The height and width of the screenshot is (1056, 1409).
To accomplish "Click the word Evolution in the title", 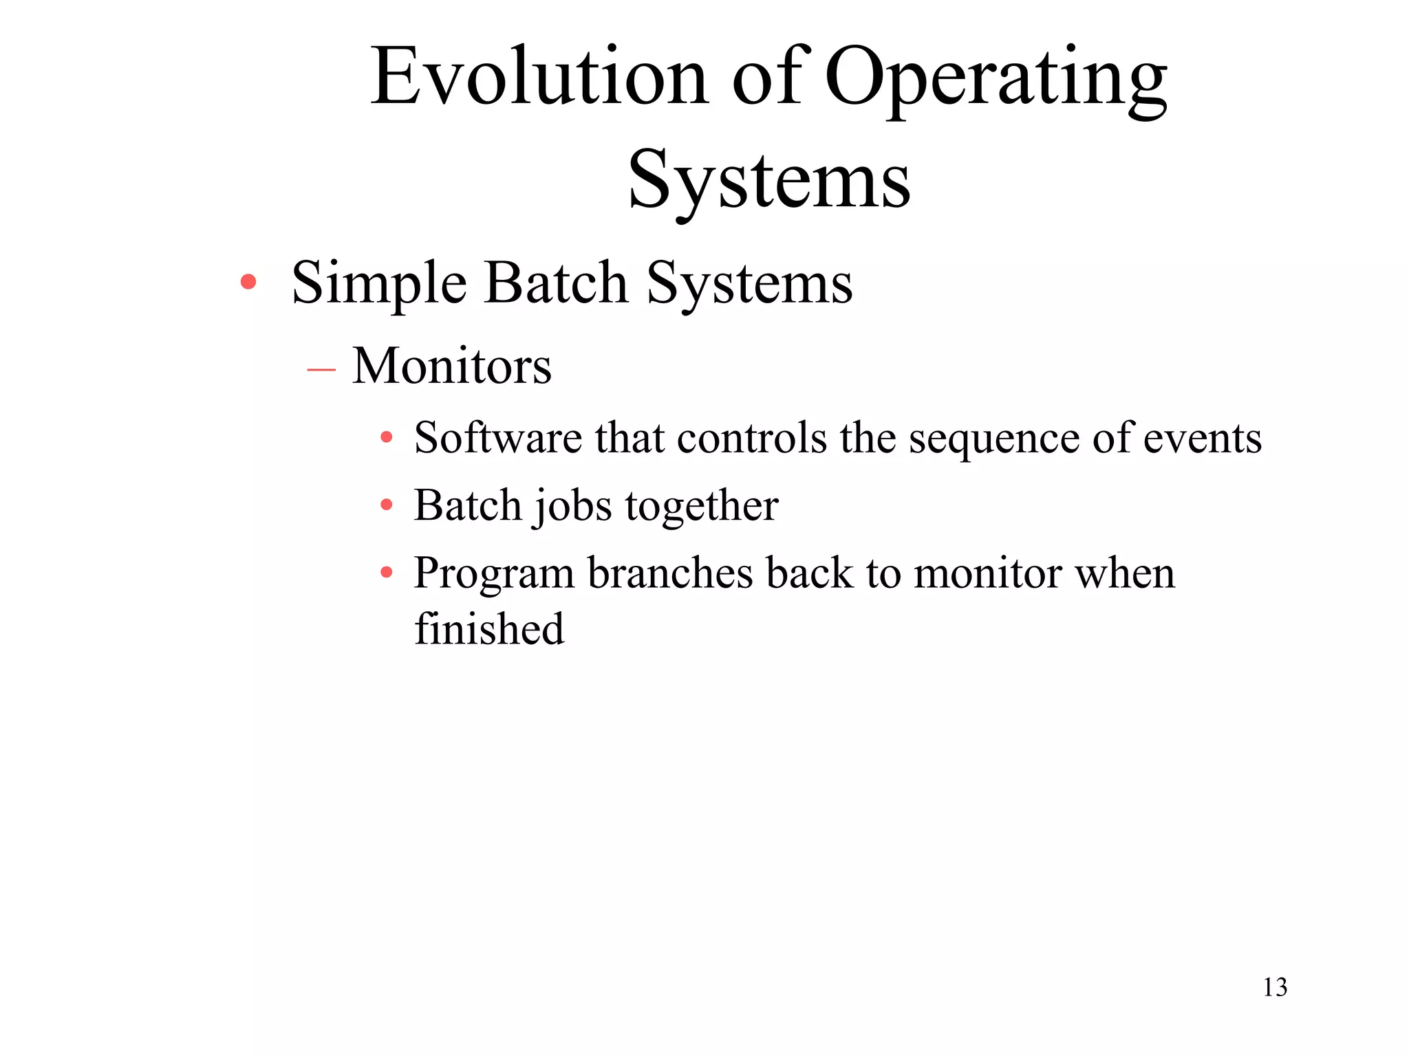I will point(539,77).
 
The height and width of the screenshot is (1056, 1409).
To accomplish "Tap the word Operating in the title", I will point(995,79).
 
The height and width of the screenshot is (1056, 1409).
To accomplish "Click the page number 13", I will point(1275,987).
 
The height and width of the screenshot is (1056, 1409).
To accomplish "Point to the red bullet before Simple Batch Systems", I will point(248,282).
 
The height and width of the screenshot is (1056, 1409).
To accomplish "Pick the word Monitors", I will point(451,366).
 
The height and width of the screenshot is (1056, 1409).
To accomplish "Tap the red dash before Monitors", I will point(321,370).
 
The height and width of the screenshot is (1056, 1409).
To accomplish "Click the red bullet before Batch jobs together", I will point(387,505).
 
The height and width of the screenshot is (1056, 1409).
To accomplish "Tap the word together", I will point(702,507).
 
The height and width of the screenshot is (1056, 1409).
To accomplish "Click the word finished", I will point(489,629).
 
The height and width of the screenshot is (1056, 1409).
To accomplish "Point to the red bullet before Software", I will point(387,437).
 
